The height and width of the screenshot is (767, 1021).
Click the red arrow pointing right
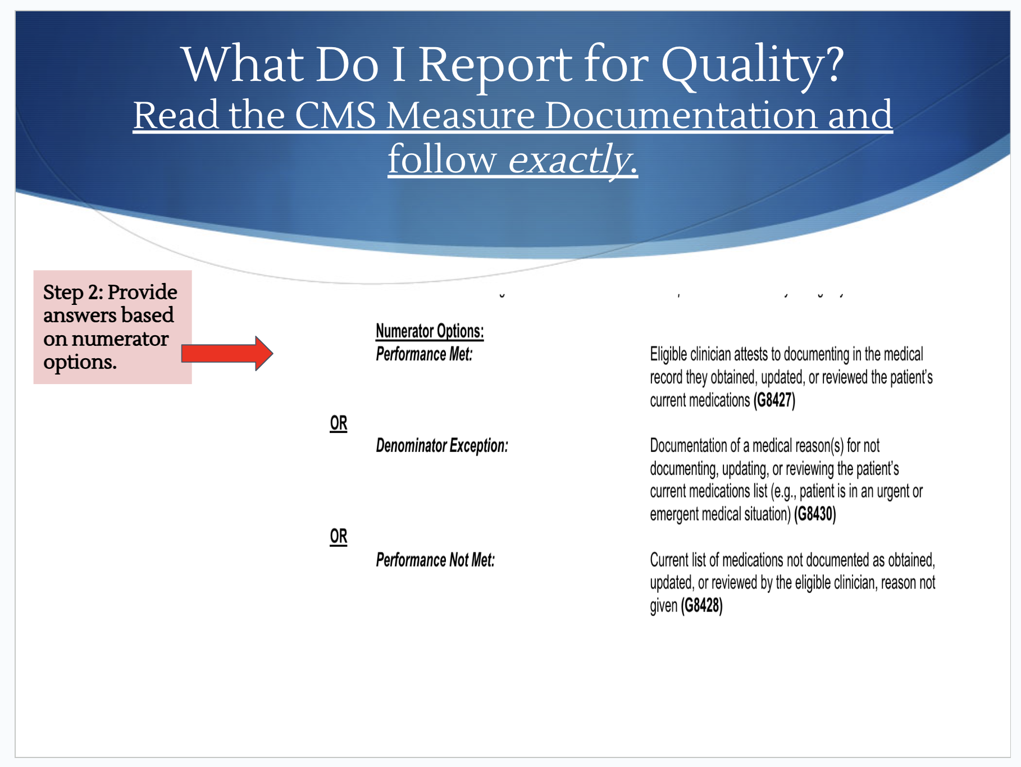point(227,353)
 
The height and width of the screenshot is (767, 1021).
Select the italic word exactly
point(573,160)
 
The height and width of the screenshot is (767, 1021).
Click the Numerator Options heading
point(430,331)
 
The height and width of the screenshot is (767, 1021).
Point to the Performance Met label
point(424,354)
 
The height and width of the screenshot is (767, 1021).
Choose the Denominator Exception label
point(442,446)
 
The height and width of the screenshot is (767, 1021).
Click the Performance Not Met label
point(435,560)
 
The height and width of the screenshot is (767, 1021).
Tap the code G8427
point(774,400)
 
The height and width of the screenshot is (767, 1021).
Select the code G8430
point(815,514)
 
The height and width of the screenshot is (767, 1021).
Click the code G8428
point(701,606)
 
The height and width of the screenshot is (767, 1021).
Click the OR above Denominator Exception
point(339,423)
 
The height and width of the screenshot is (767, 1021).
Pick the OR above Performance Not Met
point(339,537)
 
